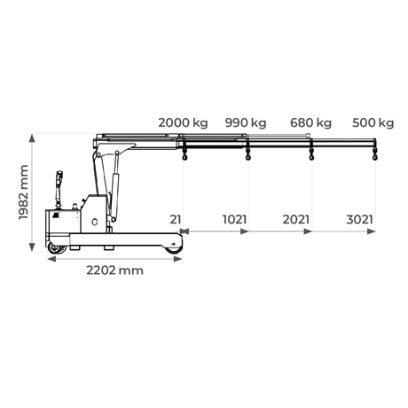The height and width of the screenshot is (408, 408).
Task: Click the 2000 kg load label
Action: tap(183, 122)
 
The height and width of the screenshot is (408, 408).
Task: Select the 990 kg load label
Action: tap(246, 122)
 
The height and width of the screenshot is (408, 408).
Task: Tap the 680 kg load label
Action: tap(310, 122)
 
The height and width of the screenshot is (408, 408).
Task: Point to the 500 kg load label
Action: tap(373, 122)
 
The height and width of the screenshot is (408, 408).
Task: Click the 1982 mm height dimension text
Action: tap(23, 192)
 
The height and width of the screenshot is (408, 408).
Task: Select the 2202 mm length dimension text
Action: tap(114, 271)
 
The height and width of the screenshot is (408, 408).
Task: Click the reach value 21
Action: tap(176, 220)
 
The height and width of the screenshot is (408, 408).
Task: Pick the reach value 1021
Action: tap(234, 220)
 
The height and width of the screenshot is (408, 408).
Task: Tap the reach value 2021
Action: tap(296, 220)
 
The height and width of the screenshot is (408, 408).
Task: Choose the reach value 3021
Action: tap(359, 220)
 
